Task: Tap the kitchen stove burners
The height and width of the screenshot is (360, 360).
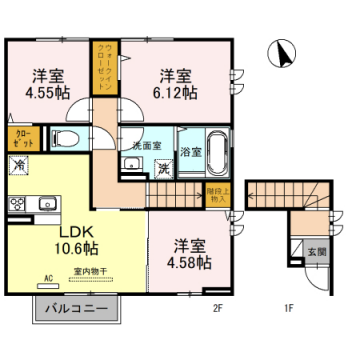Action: coord(17,204)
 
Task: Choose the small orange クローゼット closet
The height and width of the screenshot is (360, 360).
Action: coord(21,138)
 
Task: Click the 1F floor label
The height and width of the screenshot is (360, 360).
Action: coord(288,309)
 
